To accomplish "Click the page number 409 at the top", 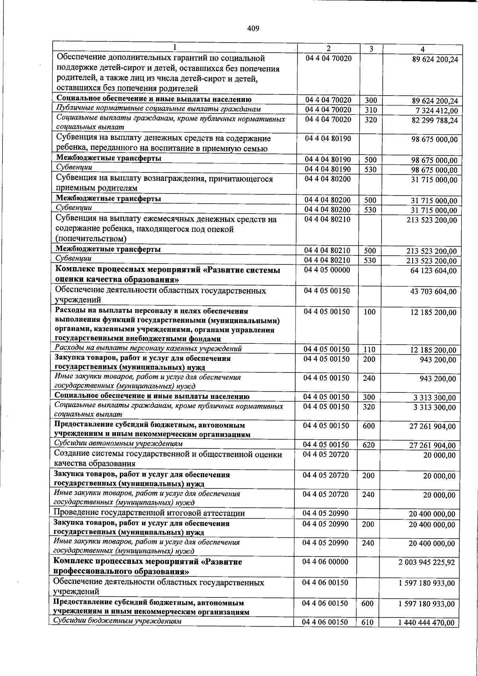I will point(253,28).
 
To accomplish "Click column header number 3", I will point(371,49).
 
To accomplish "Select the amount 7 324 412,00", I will point(435,111).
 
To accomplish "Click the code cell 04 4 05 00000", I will point(327,270).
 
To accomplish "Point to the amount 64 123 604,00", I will point(433,271).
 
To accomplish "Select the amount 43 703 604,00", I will point(433,292).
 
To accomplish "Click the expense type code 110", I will point(369,350).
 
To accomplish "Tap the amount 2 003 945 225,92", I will point(427,563).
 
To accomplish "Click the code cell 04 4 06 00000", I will point(325,562).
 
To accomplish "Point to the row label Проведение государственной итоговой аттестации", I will point(149,513).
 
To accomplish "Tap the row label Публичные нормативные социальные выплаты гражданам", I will point(159,109).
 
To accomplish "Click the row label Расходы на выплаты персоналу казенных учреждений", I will point(148,349).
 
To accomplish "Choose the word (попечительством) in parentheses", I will point(91,239).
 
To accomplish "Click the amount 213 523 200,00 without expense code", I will point(432,220).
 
